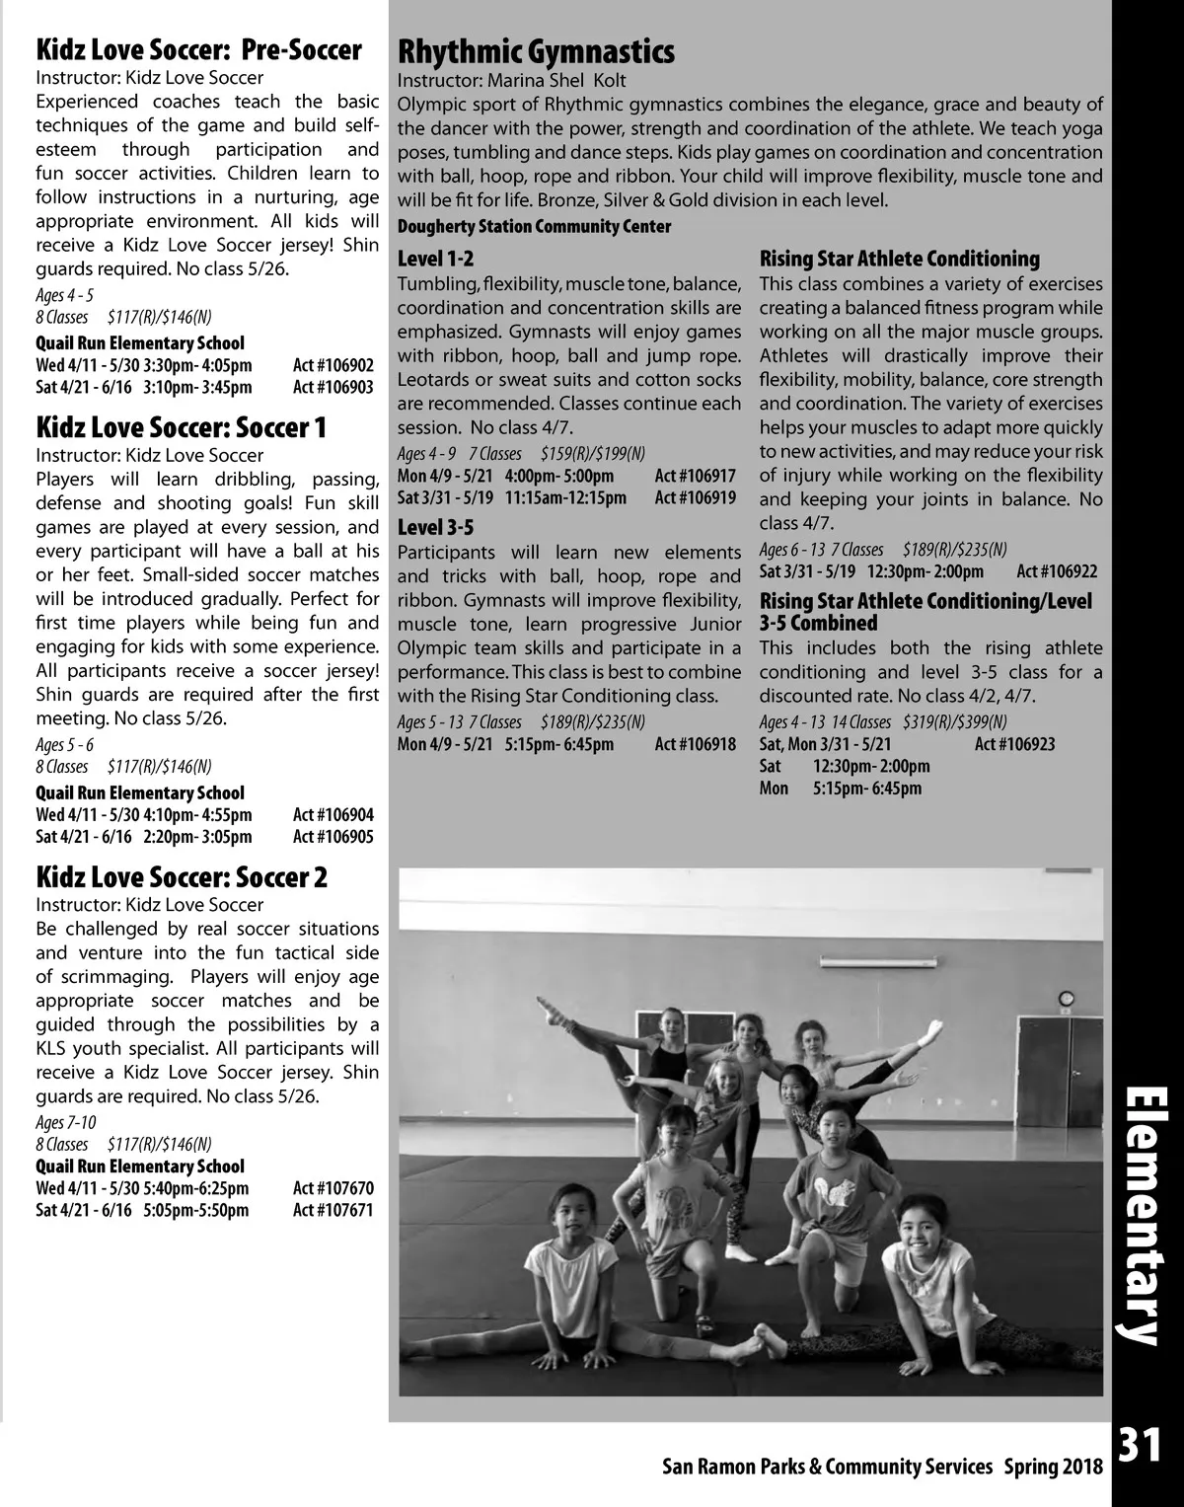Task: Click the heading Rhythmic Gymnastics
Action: tap(536, 51)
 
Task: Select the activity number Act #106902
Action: tap(333, 365)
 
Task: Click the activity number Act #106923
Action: tap(1014, 744)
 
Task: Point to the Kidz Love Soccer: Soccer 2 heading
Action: tap(182, 877)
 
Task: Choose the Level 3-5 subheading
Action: tap(435, 528)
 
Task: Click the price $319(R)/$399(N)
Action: tap(954, 721)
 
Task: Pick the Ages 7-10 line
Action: tap(66, 1122)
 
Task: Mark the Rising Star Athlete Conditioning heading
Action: tap(899, 260)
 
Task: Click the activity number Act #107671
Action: tap(333, 1210)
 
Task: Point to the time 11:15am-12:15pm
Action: tap(565, 497)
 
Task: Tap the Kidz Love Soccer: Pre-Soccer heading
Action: tap(198, 49)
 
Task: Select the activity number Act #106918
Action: tap(696, 744)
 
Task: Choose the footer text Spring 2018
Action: tap(1054, 1467)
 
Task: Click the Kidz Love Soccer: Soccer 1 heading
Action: tap(181, 427)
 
